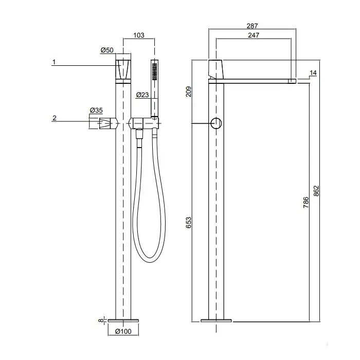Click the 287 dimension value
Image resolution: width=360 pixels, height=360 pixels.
252,26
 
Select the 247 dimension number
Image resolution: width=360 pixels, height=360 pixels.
254,35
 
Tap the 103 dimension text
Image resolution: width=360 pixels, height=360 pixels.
139,35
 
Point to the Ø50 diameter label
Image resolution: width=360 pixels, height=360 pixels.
107,50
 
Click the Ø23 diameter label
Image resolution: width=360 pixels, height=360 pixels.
142,95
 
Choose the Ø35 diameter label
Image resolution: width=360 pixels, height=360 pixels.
96,110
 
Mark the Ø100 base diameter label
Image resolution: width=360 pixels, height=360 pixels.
123,331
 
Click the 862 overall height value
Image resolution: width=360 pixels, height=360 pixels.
316,191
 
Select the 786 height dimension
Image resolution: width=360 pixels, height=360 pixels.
306,202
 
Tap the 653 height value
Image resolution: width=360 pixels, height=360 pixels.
188,223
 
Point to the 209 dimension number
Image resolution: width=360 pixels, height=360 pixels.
188,92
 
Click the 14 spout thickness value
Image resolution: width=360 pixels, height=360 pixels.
313,73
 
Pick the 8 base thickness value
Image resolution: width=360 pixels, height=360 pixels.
101,320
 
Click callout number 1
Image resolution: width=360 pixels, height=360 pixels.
54,62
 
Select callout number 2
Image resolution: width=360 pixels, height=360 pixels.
54,118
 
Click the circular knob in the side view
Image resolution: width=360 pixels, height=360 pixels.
216,123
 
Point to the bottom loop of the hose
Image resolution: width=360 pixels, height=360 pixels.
150,261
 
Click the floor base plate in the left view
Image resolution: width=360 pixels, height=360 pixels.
123,320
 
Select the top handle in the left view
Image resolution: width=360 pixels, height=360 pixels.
123,69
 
